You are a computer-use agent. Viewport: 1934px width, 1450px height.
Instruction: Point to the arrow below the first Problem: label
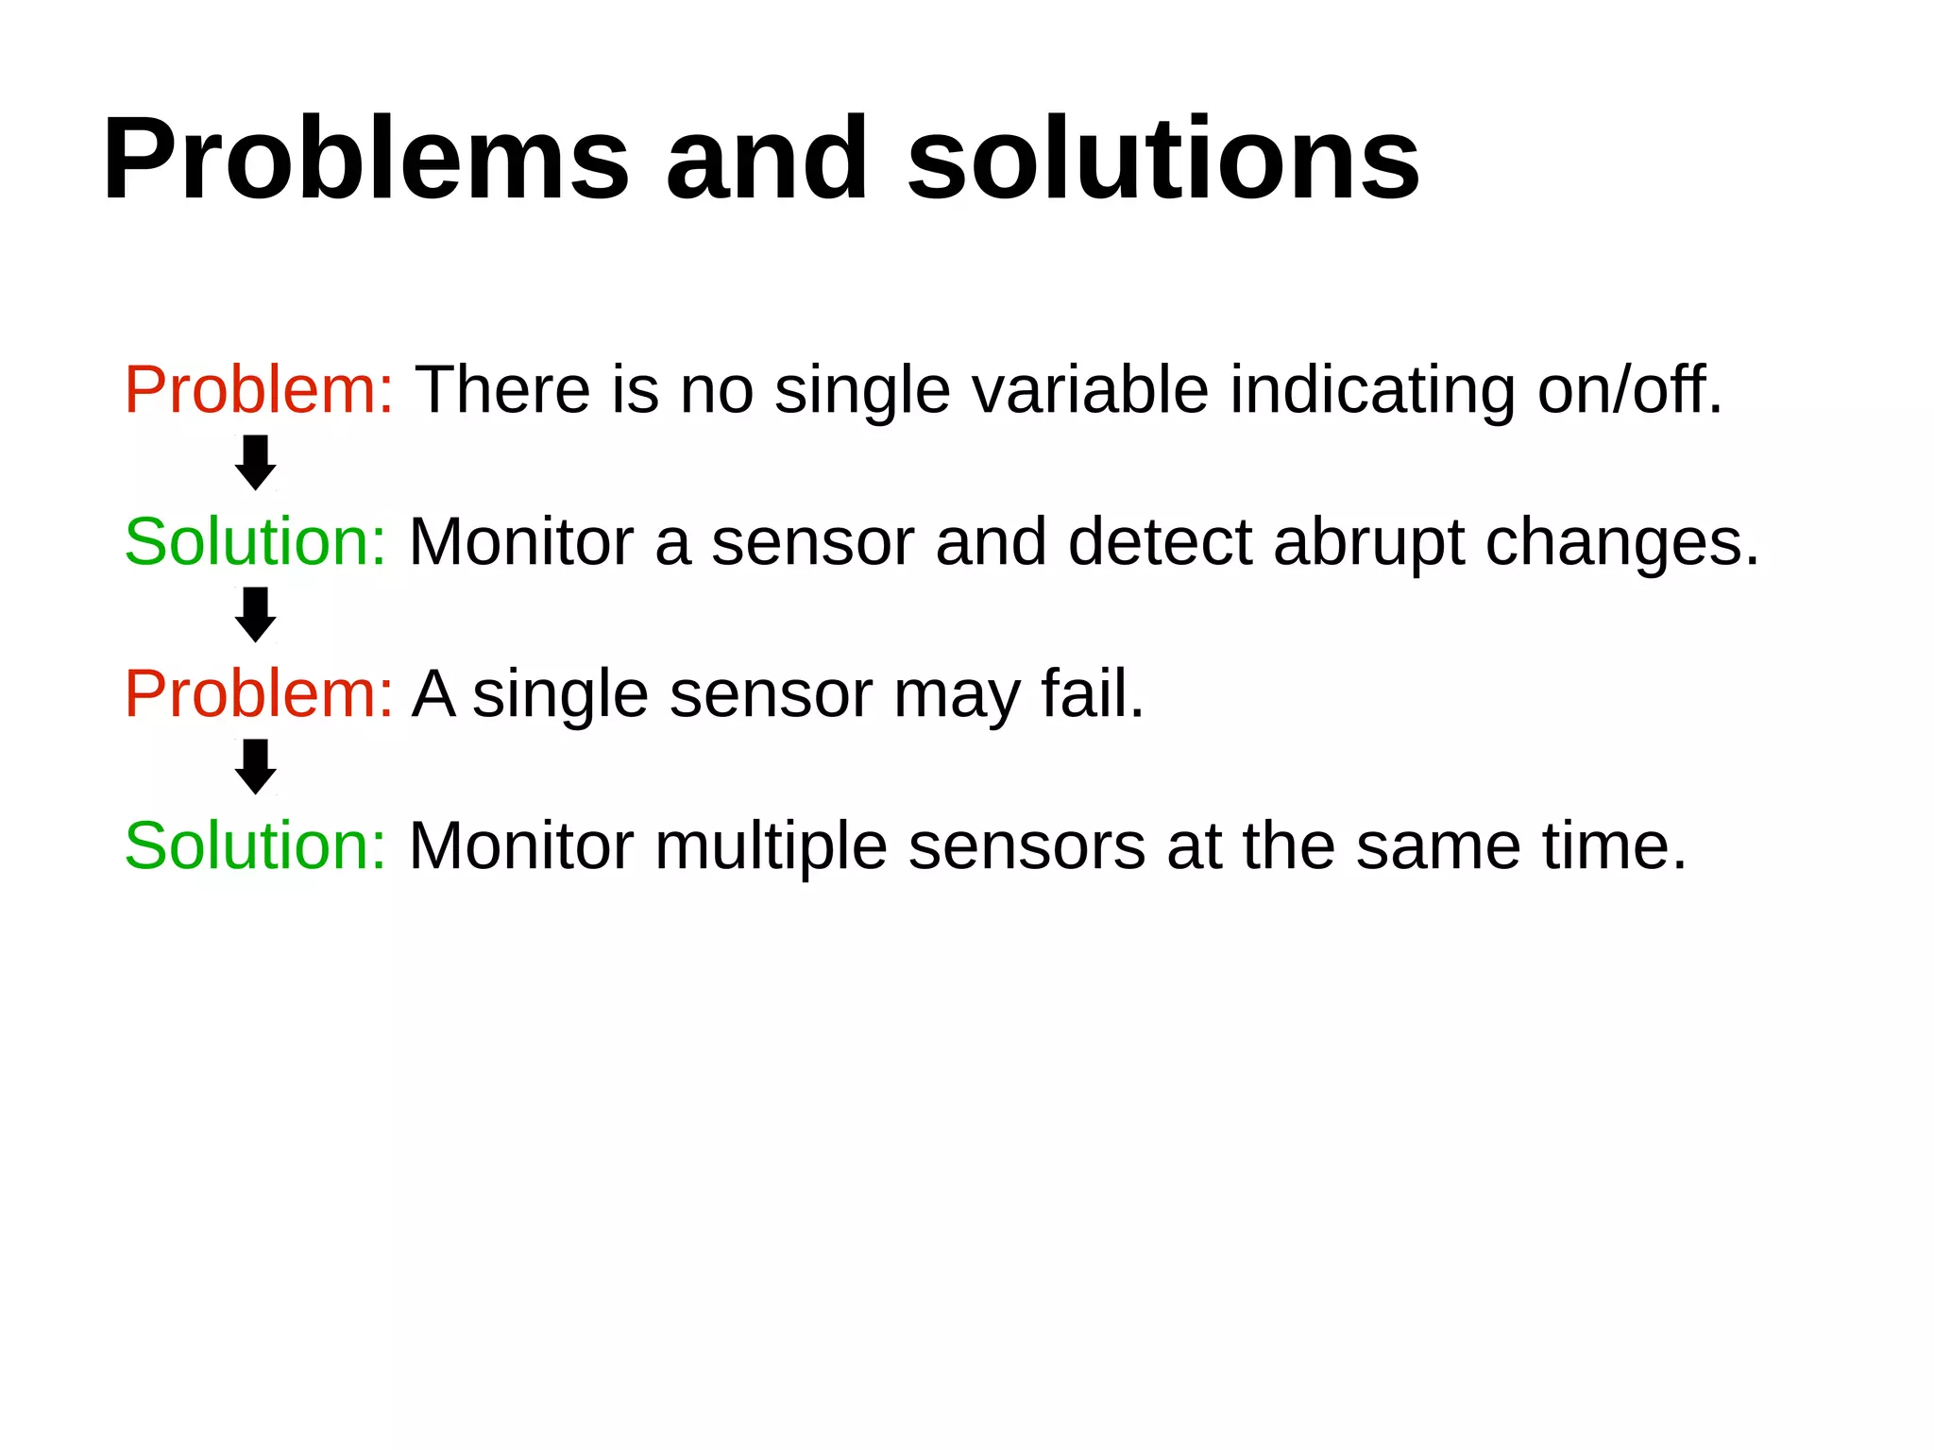click(255, 463)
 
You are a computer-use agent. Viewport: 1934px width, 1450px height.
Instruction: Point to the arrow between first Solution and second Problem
click(255, 615)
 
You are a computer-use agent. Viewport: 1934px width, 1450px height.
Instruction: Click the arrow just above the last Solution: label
click(255, 767)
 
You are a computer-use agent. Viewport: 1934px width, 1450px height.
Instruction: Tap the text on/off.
click(1629, 390)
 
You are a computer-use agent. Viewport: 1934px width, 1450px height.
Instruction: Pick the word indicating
click(1372, 390)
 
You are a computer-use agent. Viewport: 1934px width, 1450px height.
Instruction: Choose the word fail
click(1092, 694)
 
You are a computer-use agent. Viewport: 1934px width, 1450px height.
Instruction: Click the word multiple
click(771, 847)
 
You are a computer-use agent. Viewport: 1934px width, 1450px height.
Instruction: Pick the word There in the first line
click(503, 390)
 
